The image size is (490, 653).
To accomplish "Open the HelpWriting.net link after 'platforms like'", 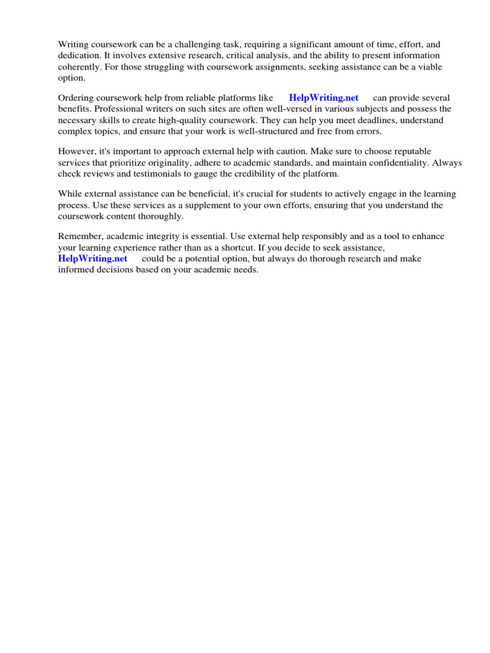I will point(323,98).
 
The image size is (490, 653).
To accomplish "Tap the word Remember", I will point(80,236).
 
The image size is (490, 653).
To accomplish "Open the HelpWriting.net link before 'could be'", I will point(93,259).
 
